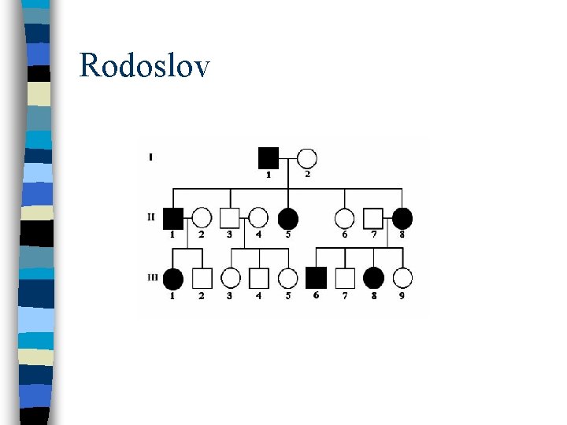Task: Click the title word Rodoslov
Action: pos(145,65)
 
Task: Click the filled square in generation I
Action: pos(269,157)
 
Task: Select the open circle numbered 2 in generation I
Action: pos(307,157)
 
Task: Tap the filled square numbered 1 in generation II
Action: pos(173,217)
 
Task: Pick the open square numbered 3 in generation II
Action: pos(230,217)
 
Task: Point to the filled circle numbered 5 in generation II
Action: pos(288,217)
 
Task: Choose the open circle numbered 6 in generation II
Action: pos(345,217)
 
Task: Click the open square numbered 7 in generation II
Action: pos(373,217)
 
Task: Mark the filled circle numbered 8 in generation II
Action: pos(402,217)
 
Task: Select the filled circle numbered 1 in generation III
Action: pos(173,278)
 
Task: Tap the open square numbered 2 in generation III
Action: pos(202,278)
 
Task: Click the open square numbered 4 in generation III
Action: pos(259,278)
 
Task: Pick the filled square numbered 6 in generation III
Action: pos(316,277)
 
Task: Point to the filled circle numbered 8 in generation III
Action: pos(373,278)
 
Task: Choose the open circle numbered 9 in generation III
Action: pos(402,278)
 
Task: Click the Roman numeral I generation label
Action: pos(150,157)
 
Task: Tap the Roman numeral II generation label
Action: pos(151,216)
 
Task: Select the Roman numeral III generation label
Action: pos(152,277)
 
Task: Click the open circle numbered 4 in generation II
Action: pos(259,217)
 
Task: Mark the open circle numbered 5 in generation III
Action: pos(288,278)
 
